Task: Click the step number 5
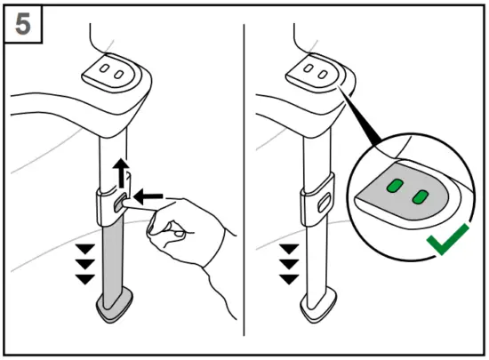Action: pyautogui.click(x=24, y=24)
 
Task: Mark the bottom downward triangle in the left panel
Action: pyautogui.click(x=84, y=279)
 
